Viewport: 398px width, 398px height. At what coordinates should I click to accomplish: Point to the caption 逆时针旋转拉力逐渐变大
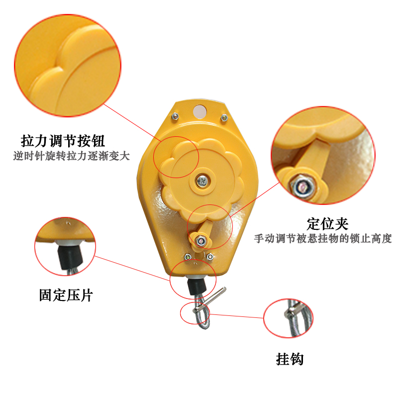pos(71,156)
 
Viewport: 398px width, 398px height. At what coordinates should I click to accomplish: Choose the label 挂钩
pos(290,359)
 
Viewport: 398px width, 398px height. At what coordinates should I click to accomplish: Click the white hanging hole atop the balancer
pos(200,110)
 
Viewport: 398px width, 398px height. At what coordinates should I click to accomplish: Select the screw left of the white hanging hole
pos(176,116)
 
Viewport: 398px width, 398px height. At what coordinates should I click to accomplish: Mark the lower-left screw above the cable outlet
pos(188,257)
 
